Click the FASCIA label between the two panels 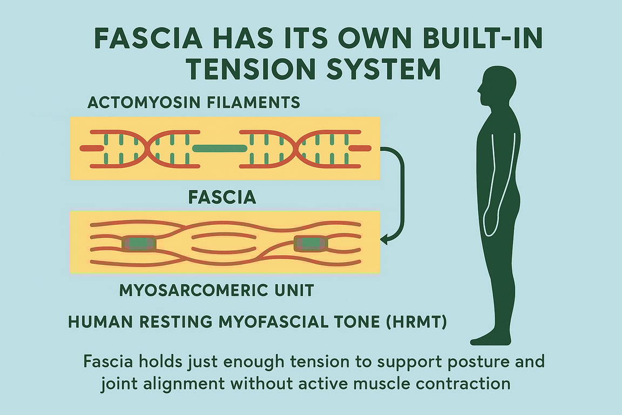coord(222,197)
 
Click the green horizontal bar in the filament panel coord(219,148)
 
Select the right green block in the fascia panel coord(310,244)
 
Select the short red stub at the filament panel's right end coord(360,148)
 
